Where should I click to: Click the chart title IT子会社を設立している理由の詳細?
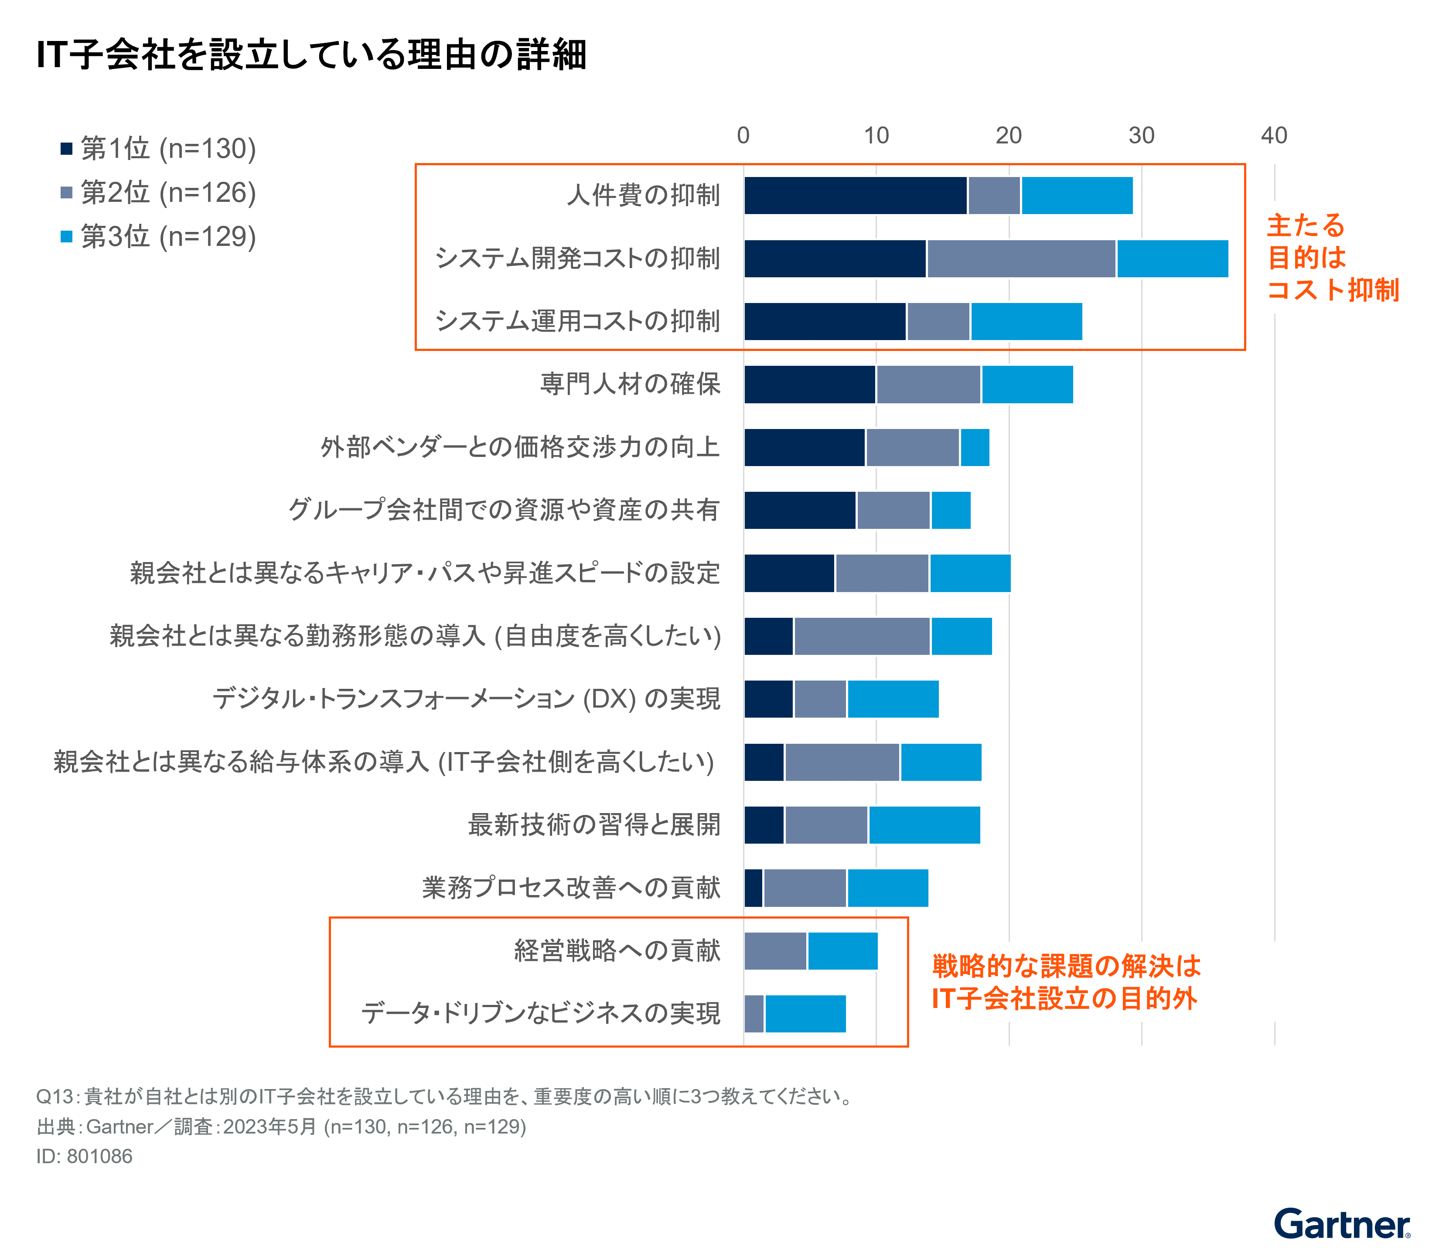(x=311, y=54)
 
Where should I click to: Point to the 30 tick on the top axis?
(x=1141, y=136)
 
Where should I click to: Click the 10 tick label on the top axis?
(x=876, y=136)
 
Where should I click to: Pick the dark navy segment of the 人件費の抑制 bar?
(x=855, y=196)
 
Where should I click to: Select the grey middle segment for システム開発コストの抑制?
(x=1021, y=259)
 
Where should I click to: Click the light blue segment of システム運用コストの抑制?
(x=1026, y=322)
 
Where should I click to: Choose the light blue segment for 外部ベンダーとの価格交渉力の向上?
(x=975, y=447)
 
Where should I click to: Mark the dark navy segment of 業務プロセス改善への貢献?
(x=753, y=888)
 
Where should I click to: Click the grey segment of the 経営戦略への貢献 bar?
(x=775, y=951)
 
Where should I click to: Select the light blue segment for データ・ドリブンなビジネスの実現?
(x=805, y=1014)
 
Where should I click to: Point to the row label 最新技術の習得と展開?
(x=593, y=825)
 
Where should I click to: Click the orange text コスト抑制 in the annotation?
(x=1333, y=289)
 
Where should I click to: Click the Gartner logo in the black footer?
(x=1341, y=1224)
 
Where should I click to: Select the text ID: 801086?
(x=84, y=1157)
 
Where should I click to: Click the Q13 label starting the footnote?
(x=55, y=1096)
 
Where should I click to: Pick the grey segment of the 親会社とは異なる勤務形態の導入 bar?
(x=862, y=636)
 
